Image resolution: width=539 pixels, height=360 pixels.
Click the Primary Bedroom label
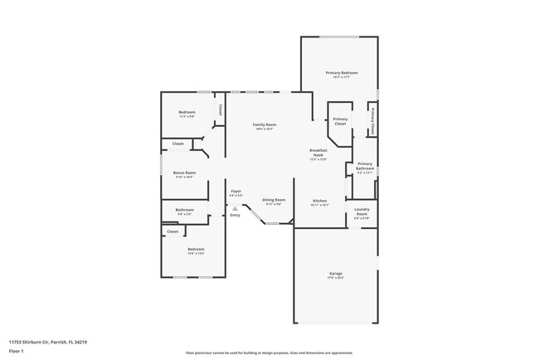pyautogui.click(x=342, y=73)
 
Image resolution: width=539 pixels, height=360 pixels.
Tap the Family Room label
pyautogui.click(x=264, y=124)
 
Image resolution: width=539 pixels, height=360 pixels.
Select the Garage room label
pyautogui.click(x=335, y=273)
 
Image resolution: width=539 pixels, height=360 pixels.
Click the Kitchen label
pyautogui.click(x=319, y=201)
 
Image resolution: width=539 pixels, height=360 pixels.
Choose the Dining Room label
pyautogui.click(x=274, y=200)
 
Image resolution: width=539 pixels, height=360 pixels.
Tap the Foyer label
pyautogui.click(x=236, y=190)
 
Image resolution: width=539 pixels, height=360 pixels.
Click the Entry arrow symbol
pyautogui.click(x=235, y=208)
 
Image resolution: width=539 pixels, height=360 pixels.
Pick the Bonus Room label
pyautogui.click(x=184, y=173)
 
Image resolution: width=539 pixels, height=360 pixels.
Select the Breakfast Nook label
pyautogui.click(x=318, y=153)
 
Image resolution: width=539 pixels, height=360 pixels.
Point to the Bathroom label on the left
pyautogui.click(x=184, y=210)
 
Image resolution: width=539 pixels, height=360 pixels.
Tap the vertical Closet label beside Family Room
pyautogui.click(x=220, y=109)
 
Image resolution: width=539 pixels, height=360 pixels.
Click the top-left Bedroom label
pyautogui.click(x=187, y=112)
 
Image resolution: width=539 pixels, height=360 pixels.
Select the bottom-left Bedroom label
pyautogui.click(x=196, y=250)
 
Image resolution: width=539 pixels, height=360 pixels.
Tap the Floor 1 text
pyautogui.click(x=17, y=351)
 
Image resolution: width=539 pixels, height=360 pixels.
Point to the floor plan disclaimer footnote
pyautogui.click(x=269, y=352)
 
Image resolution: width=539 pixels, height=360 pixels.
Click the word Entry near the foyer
pyautogui.click(x=235, y=216)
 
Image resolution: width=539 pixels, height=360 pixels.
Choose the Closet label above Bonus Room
pyautogui.click(x=177, y=144)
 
